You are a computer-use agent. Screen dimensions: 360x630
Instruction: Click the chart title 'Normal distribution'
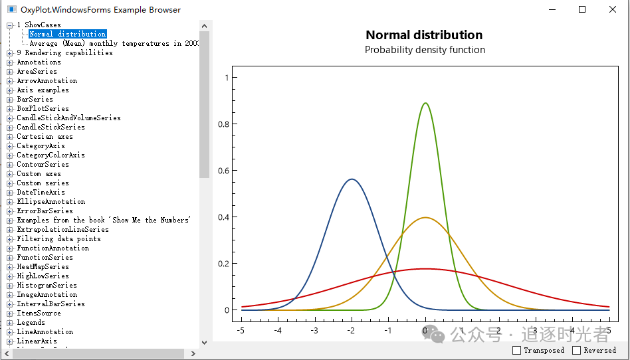tap(424, 35)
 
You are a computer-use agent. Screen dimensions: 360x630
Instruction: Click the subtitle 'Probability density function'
tap(425, 50)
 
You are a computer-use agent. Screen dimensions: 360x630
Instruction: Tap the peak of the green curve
tap(425, 104)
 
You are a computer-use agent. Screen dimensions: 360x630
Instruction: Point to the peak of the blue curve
tap(352, 179)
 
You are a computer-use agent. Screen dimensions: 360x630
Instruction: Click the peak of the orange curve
tap(425, 218)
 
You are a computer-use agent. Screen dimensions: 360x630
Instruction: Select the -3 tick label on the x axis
tap(314, 330)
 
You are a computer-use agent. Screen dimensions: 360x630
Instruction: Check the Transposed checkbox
tap(517, 350)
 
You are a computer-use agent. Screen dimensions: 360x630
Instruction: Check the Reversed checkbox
tap(576, 350)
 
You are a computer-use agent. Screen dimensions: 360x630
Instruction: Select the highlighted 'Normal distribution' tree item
tap(67, 34)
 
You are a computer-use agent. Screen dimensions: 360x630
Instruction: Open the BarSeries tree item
tap(35, 99)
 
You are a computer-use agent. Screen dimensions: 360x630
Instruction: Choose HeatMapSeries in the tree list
tap(43, 266)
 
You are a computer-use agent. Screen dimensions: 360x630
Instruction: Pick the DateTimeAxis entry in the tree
tap(41, 192)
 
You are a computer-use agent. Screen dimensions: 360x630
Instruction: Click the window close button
tap(612, 9)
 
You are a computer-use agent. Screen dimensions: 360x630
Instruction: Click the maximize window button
tap(582, 9)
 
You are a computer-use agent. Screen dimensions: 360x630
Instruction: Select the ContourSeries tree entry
tap(43, 164)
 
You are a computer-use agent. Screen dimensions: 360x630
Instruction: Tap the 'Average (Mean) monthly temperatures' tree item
tap(114, 43)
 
